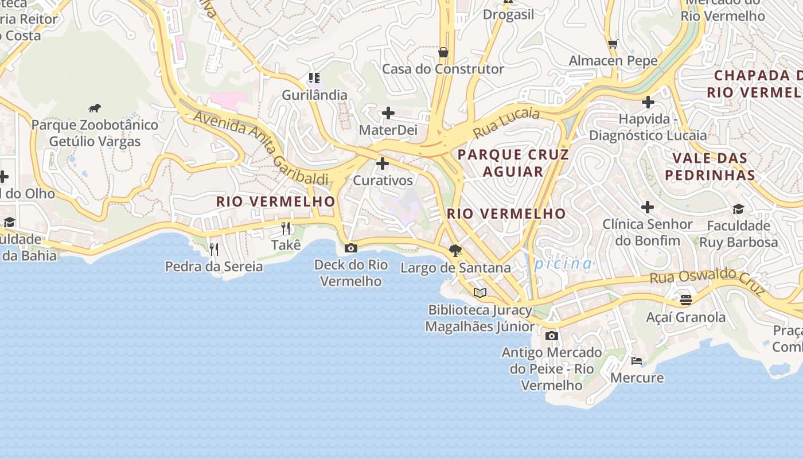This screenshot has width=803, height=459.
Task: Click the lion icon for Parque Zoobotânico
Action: [95, 108]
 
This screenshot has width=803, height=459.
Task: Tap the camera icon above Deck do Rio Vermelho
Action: [350, 248]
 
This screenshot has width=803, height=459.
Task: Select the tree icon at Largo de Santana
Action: [455, 250]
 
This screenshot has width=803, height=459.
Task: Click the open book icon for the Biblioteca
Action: [480, 293]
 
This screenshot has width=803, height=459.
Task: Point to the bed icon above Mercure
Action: [636, 360]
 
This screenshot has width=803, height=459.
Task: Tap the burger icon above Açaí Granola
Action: [685, 299]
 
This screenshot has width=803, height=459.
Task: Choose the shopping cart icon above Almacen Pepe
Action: [613, 44]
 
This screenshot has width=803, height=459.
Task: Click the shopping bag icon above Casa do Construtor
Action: [443, 52]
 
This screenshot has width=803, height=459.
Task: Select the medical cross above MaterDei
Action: [388, 113]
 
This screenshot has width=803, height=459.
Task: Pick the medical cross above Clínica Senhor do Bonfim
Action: [647, 207]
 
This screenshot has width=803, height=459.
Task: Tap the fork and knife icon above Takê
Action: [286, 228]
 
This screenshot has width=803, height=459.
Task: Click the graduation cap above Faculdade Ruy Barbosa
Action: [738, 209]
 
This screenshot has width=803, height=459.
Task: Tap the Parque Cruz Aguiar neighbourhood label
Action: [513, 163]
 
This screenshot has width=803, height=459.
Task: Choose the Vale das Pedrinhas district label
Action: [710, 166]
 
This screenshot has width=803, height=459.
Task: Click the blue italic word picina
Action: [563, 264]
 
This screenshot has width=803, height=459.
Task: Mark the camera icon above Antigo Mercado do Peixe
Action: [551, 336]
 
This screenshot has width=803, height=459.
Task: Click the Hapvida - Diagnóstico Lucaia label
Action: [648, 127]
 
